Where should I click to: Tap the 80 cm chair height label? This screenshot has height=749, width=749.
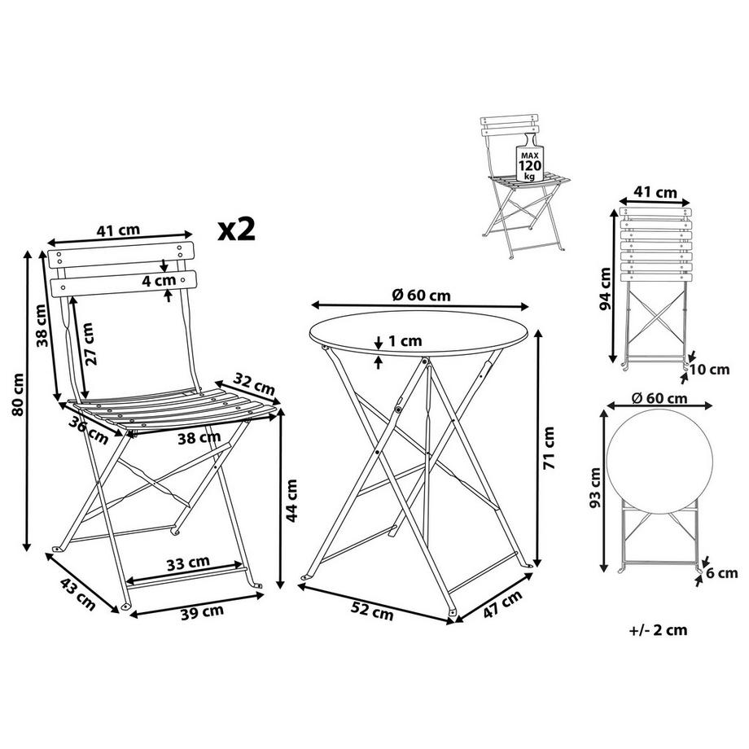18,395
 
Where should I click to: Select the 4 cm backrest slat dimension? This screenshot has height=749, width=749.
159,280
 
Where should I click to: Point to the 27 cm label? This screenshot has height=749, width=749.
90,344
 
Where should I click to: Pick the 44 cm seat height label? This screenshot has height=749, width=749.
291,501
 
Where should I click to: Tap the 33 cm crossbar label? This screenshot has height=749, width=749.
188,563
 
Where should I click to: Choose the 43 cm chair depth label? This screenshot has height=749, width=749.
78,594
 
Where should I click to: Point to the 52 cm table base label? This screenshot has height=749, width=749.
372,611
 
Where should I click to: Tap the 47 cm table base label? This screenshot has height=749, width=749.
502,604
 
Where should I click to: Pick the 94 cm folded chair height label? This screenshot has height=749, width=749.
605,288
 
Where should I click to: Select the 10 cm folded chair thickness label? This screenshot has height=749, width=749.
711,370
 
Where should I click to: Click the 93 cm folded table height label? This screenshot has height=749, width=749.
595,488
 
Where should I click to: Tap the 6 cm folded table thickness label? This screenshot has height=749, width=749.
722,572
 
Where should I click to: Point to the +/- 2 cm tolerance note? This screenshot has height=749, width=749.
659,630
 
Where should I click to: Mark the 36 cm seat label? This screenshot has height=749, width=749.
88,429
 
